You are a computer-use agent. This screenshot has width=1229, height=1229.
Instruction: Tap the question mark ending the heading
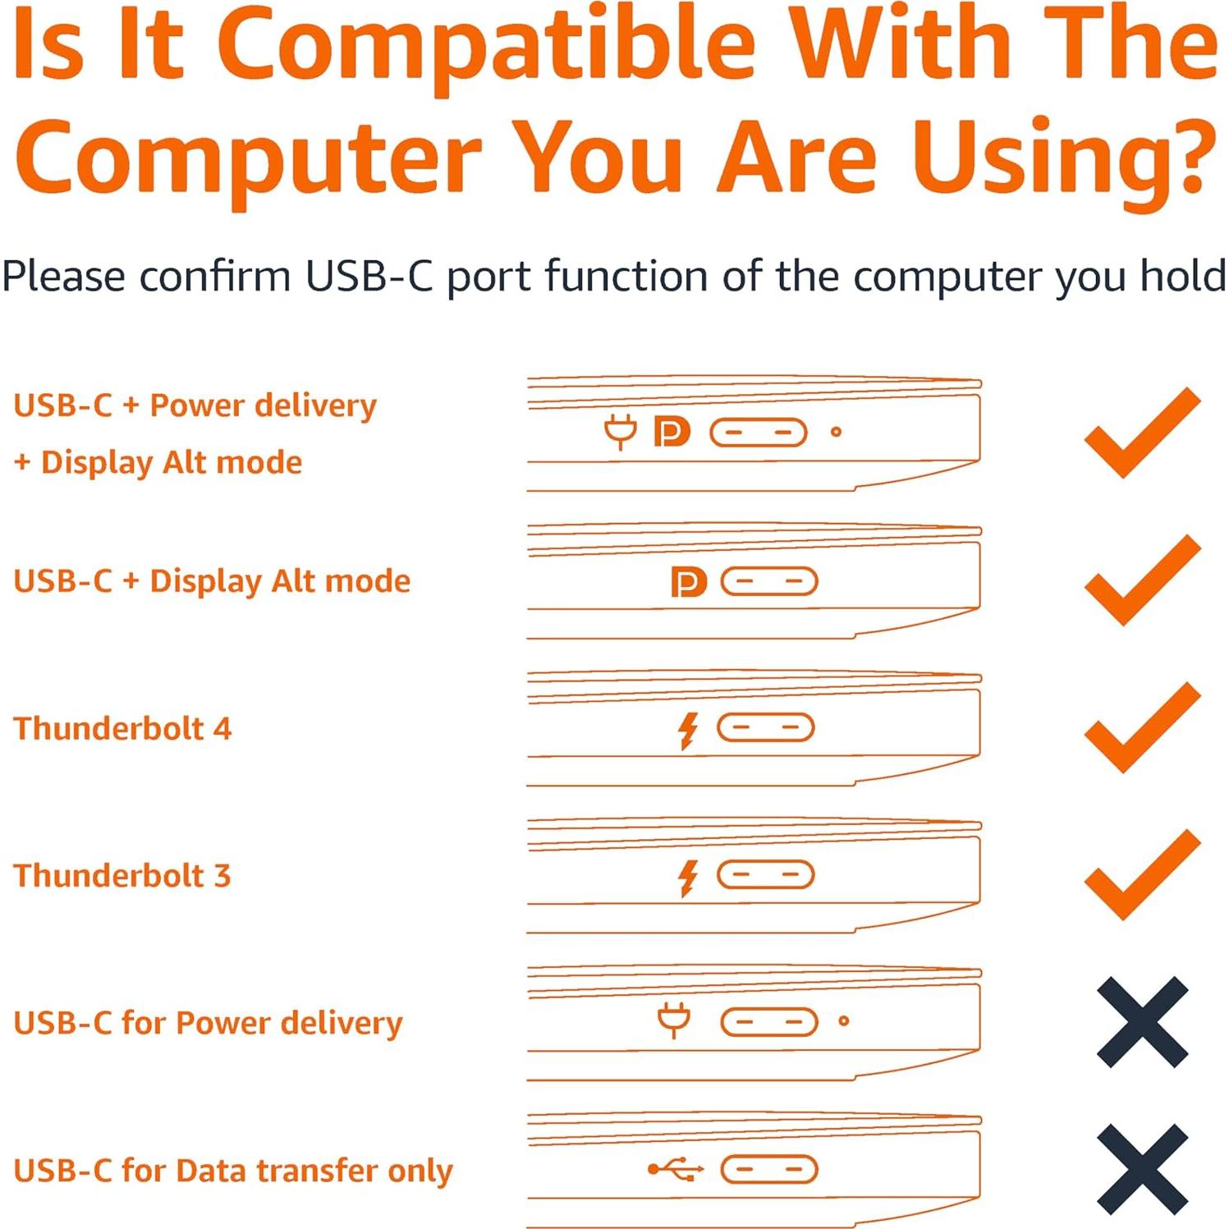coord(1185,156)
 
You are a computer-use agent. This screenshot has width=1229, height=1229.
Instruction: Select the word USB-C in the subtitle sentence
coord(369,276)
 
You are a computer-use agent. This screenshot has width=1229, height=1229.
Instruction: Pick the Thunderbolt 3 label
coord(122,875)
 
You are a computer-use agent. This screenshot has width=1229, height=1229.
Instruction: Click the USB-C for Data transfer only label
coord(233,1170)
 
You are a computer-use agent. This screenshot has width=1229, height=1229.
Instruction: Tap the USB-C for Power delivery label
coord(209,1023)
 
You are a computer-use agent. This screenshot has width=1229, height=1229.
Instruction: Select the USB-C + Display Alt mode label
coord(212,581)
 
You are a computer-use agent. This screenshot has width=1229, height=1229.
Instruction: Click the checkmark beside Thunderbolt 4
coord(1141,727)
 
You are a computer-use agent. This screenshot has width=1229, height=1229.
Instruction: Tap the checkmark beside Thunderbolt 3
coord(1141,874)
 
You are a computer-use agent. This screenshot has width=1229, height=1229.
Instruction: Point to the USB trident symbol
coord(676,1169)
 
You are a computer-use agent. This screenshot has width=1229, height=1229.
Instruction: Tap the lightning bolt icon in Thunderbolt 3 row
coord(688,877)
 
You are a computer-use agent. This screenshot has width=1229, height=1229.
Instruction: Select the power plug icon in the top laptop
coord(621,432)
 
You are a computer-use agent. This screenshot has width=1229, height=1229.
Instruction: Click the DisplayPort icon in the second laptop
coord(688,582)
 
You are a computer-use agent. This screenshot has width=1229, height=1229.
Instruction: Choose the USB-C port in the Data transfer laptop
coord(769,1169)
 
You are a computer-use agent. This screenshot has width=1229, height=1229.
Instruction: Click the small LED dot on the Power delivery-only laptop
coord(843,1021)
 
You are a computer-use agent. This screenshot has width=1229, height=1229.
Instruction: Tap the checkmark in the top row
coord(1141,433)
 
